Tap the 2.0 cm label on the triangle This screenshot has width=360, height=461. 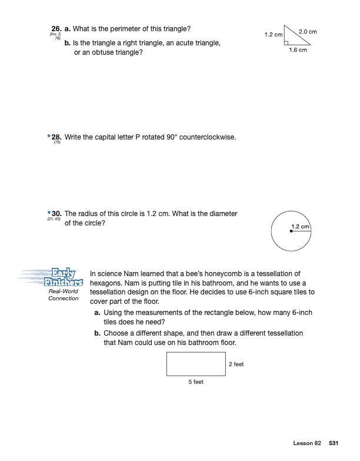pyautogui.click(x=308, y=31)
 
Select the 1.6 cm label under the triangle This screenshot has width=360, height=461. pyautogui.click(x=298, y=51)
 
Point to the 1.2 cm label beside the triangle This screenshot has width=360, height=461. pyautogui.click(x=274, y=35)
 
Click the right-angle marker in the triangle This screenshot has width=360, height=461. pyautogui.click(x=286, y=42)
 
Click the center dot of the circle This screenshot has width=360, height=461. pyautogui.click(x=291, y=231)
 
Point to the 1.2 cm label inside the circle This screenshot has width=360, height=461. pyautogui.click(x=301, y=227)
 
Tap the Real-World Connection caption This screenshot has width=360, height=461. pyautogui.click(x=64, y=295)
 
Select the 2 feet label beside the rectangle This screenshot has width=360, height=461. pyautogui.click(x=236, y=364)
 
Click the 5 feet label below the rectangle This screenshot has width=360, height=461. pyautogui.click(x=196, y=382)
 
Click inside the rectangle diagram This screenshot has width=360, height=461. pyautogui.click(x=196, y=364)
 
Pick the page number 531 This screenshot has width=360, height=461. pyautogui.click(x=334, y=443)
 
